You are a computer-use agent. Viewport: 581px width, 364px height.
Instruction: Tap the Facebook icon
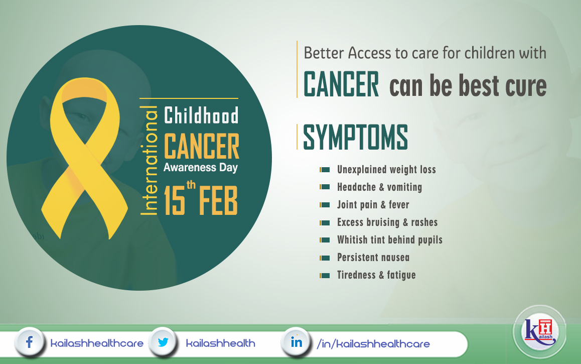coord(29,342)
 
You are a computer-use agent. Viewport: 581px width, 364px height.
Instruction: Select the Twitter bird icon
coord(163,342)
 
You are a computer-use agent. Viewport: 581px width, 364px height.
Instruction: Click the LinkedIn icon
coord(296,342)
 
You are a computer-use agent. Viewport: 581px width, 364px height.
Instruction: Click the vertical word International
coord(150,160)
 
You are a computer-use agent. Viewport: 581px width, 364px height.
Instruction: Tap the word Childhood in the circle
coord(201,115)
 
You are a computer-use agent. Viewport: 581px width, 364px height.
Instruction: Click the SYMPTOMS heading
coord(355,137)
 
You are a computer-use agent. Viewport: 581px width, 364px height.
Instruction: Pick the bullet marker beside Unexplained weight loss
coord(325,170)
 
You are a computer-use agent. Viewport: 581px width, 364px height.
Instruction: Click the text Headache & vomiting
coord(379,187)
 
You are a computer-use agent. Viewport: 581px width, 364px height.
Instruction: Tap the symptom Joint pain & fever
coord(373,205)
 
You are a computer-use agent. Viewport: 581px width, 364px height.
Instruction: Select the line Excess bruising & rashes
coord(387,222)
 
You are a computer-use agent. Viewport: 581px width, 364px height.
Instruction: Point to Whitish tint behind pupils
coord(390,240)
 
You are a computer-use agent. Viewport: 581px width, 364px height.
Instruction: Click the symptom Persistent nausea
coord(373,257)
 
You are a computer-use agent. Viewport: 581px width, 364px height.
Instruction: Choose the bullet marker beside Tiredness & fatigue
coord(325,276)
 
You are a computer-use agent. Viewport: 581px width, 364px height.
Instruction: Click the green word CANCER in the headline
coord(341,84)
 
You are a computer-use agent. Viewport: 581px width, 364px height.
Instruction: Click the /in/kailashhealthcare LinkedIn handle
coord(373,344)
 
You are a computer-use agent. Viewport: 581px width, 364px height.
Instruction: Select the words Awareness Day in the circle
coord(201,168)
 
